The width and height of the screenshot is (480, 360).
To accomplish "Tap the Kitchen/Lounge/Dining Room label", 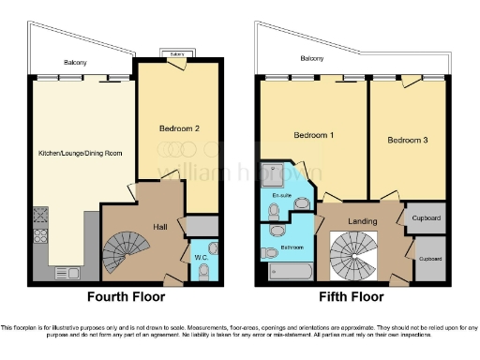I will click(x=81, y=153).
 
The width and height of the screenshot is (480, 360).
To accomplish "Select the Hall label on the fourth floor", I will click(x=161, y=226).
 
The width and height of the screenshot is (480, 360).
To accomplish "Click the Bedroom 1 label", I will click(x=313, y=133).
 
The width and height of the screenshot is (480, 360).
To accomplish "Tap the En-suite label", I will click(x=280, y=195).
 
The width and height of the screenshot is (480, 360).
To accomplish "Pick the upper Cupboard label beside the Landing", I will click(x=427, y=218).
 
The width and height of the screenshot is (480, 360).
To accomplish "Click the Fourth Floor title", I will click(x=126, y=297).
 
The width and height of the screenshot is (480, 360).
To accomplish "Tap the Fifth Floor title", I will click(x=352, y=297).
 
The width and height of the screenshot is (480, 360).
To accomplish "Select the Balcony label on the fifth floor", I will click(x=312, y=59).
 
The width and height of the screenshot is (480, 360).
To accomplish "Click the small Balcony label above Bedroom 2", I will click(x=176, y=54).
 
